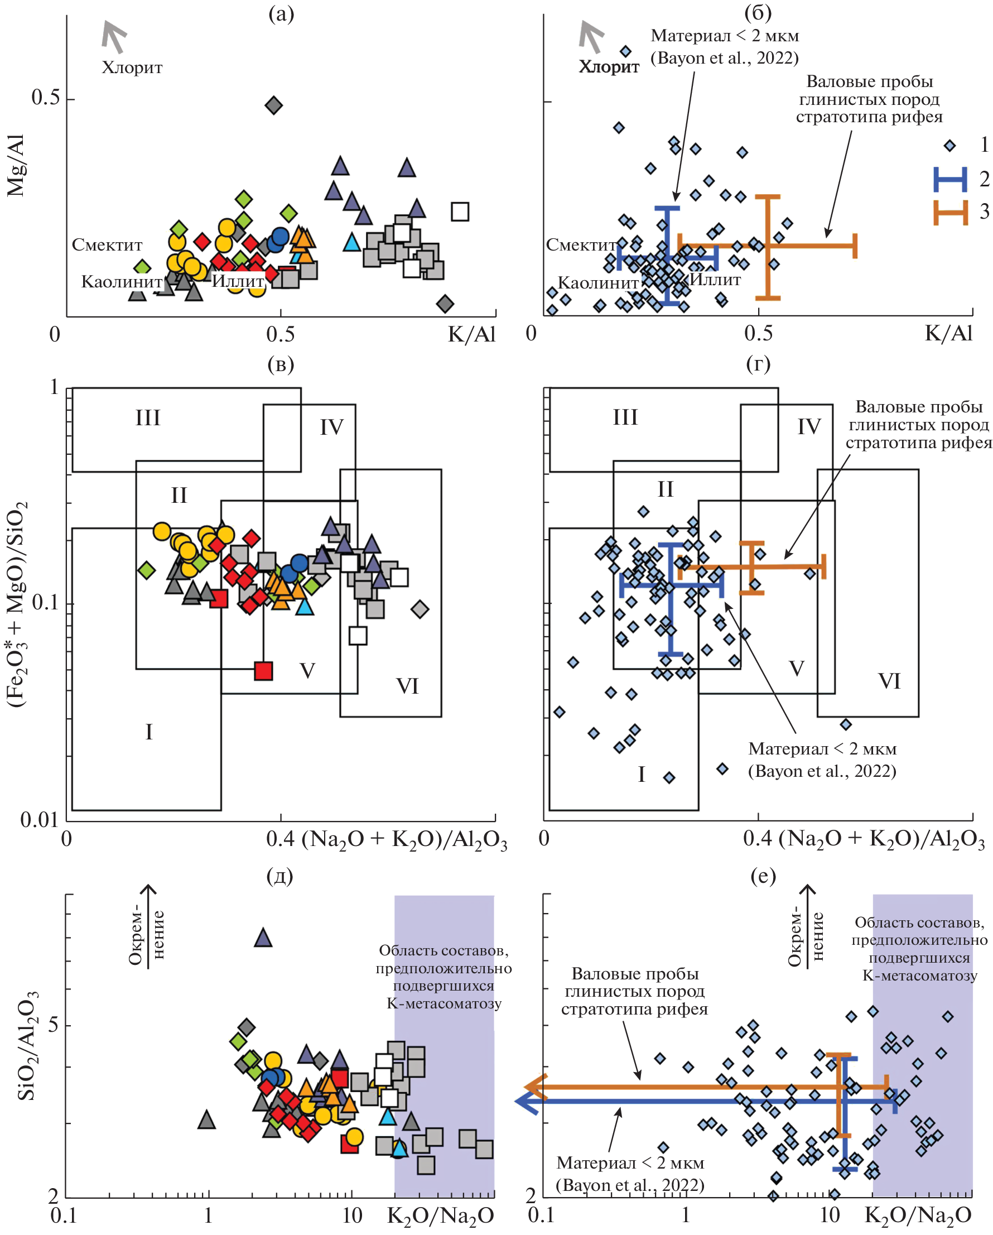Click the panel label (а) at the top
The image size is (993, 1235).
pyautogui.click(x=281, y=14)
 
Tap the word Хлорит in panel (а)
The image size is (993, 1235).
pyautogui.click(x=132, y=68)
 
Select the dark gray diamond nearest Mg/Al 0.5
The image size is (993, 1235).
pyautogui.click(x=274, y=105)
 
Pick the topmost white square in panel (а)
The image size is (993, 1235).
pyautogui.click(x=460, y=212)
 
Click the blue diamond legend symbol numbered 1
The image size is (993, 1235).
pyautogui.click(x=949, y=146)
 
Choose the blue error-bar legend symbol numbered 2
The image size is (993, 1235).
pyautogui.click(x=950, y=179)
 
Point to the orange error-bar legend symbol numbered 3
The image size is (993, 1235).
pyautogui.click(x=950, y=213)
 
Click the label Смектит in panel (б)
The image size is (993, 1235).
pyautogui.click(x=581, y=245)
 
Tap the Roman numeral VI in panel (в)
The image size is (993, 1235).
pyautogui.click(x=407, y=686)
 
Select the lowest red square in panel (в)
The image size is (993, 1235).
pyautogui.click(x=263, y=671)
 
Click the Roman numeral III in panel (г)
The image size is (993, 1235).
pyautogui.click(x=625, y=417)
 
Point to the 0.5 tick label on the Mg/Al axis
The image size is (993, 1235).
pyautogui.click(x=46, y=98)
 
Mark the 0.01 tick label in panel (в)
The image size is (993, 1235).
pyautogui.click(x=39, y=820)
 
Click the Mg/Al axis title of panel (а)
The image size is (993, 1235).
pyautogui.click(x=16, y=166)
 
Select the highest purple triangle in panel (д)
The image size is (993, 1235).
pyautogui.click(x=263, y=938)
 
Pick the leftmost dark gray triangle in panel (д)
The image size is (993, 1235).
pyautogui.click(x=207, y=1120)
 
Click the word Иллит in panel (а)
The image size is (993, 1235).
pyautogui.click(x=238, y=281)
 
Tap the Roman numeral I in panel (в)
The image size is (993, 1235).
pyautogui.click(x=149, y=732)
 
